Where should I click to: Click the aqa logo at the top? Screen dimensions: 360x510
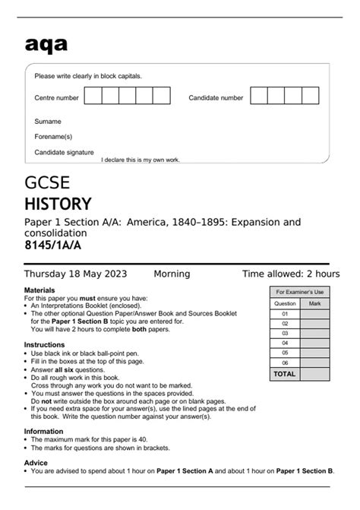46,45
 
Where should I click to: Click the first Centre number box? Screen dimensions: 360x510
93,97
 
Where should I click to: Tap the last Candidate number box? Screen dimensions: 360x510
311,97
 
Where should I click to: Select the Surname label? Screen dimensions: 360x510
48,121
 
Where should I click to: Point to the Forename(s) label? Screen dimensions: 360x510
53,136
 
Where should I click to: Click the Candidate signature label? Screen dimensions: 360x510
64,152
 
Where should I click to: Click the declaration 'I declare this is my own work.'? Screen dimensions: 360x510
141,160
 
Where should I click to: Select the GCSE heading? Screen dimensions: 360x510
47,182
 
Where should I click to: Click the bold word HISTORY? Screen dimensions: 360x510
58,204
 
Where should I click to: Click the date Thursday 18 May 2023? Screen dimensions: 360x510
76,274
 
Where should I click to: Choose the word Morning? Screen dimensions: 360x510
172,274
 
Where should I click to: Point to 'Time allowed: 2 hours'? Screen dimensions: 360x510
290,274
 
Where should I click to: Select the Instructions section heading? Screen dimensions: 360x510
44,344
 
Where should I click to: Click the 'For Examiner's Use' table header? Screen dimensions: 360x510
299,292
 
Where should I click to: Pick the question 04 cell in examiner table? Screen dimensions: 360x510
285,342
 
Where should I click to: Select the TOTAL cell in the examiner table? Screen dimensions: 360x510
285,374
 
